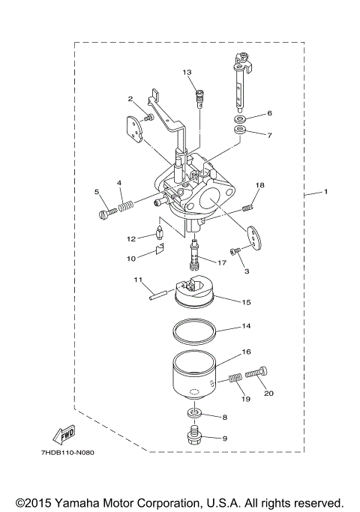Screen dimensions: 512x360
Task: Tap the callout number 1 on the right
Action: coord(326,193)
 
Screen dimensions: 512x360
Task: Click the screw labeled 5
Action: coord(104,214)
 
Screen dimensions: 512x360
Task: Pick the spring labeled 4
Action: coord(127,203)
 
